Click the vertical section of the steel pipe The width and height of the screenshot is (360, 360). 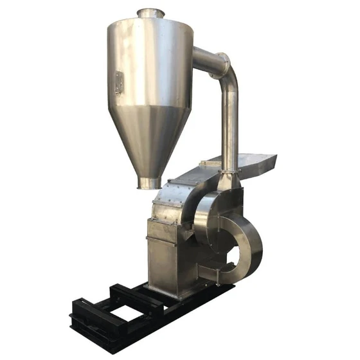230,129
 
